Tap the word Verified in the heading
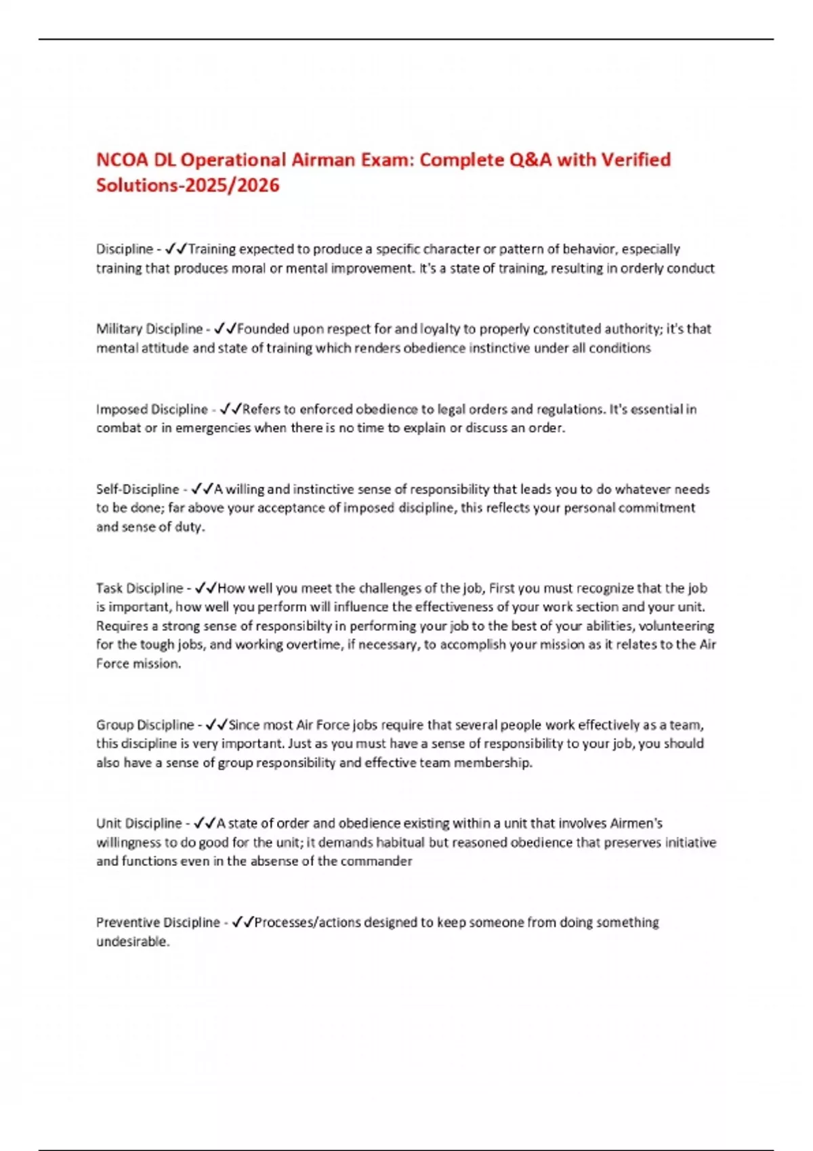tap(635, 160)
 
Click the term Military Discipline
tap(149, 329)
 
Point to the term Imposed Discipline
tap(152, 409)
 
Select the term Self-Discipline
tap(138, 489)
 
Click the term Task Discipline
tap(140, 588)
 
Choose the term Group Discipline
tap(145, 724)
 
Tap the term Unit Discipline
tap(139, 823)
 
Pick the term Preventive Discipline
tap(158, 922)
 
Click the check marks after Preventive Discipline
tap(243, 922)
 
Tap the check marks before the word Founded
tap(225, 329)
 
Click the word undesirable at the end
tap(132, 941)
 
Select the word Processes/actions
tap(309, 922)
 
